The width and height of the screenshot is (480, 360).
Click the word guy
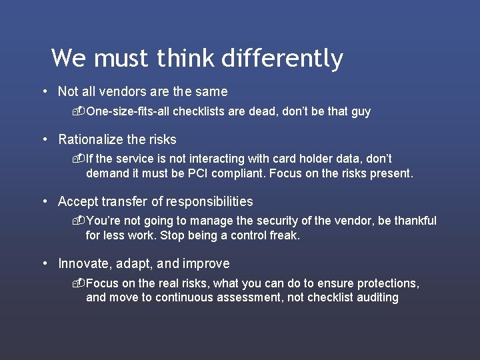361,111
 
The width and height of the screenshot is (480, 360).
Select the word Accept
76,201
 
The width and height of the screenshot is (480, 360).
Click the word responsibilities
209,201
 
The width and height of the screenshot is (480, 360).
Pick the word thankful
414,221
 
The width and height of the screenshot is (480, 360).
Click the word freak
285,235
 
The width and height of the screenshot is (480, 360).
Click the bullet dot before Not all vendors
43,92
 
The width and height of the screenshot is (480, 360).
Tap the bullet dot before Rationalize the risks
43,140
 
